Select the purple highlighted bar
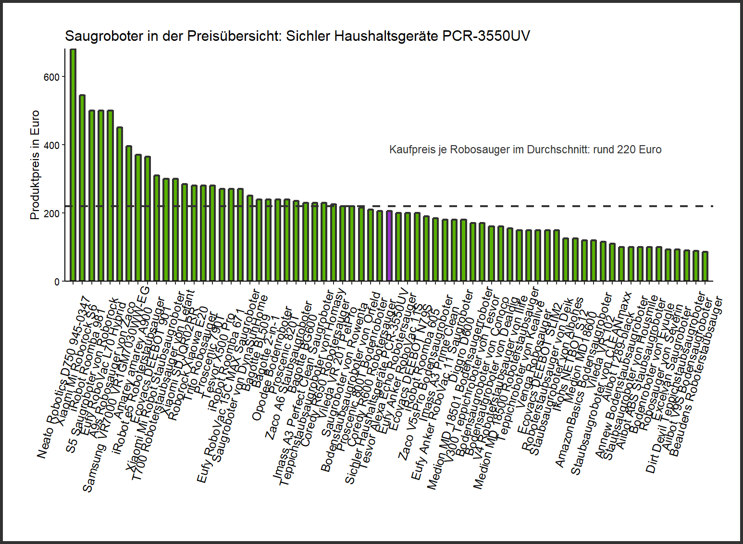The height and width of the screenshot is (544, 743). point(389,246)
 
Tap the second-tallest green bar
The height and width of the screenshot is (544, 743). point(82,188)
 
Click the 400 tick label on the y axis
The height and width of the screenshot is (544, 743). point(51,145)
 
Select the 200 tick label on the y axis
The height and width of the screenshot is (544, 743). point(51,213)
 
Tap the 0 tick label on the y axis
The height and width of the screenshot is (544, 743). point(57,282)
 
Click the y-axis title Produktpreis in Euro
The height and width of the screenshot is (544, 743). point(35,165)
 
